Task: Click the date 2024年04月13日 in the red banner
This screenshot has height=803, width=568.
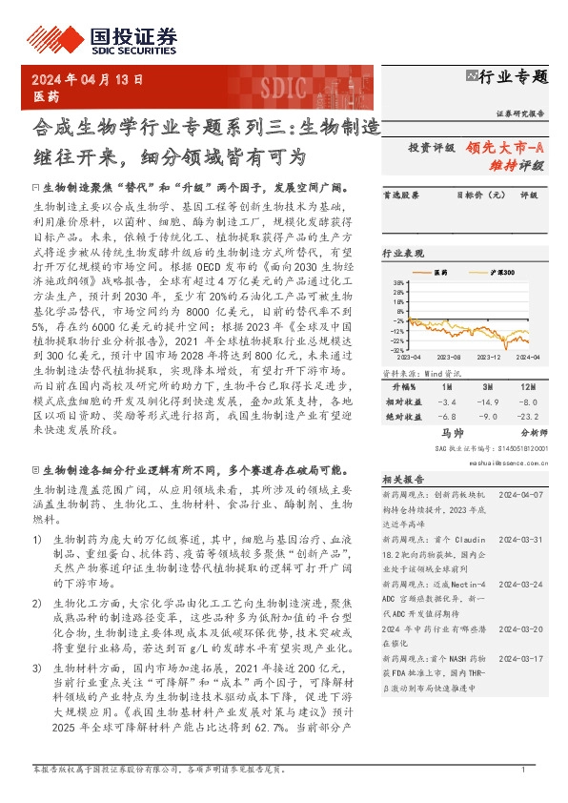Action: (89, 80)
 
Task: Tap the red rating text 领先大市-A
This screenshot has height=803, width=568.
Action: (505, 148)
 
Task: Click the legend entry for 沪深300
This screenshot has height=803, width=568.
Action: (501, 273)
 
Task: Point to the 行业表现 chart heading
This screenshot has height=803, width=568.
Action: (403, 255)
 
